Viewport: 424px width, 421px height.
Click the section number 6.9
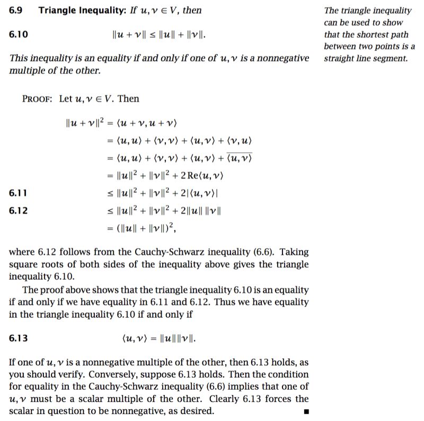[15, 10]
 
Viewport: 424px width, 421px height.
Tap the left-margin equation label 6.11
[19, 193]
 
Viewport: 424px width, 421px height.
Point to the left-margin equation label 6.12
[19, 210]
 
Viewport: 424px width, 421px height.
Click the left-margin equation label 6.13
[19, 338]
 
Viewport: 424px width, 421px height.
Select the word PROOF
[37, 98]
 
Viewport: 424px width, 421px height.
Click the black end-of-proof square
[305, 411]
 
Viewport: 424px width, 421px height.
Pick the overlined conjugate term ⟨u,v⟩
[239, 158]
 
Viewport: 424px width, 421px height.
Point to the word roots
[50, 265]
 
